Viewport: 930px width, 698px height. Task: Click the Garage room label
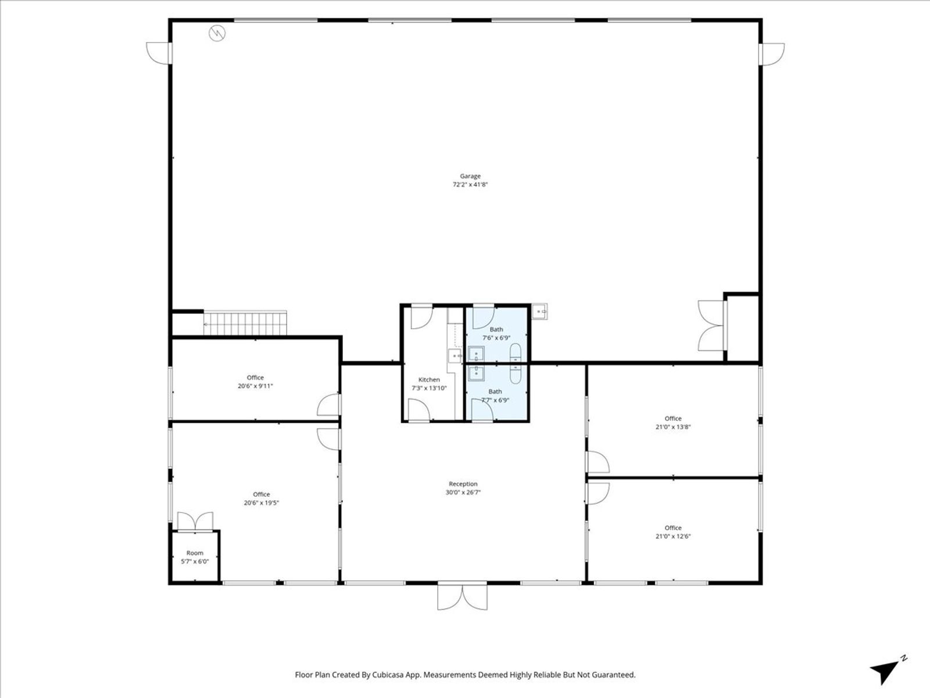470,176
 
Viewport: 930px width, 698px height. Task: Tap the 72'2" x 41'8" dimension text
470,184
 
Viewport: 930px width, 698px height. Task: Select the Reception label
463,483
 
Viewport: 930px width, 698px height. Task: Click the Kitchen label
429,380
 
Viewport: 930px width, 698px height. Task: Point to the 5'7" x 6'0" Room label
195,557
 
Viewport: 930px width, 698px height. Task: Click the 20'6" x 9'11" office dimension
255,386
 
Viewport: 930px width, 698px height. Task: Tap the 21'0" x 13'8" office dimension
673,427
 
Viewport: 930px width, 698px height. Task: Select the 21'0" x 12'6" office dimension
673,536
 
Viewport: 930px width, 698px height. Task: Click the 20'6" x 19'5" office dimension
262,503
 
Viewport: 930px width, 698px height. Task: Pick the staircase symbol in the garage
245,323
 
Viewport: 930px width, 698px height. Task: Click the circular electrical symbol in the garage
217,33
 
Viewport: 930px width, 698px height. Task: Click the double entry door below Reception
462,597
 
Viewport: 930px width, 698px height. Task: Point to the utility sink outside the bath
539,312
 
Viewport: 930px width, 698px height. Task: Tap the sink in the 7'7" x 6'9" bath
476,373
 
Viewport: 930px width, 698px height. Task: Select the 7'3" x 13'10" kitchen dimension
429,388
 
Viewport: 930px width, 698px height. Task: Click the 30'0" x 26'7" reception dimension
463,492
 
